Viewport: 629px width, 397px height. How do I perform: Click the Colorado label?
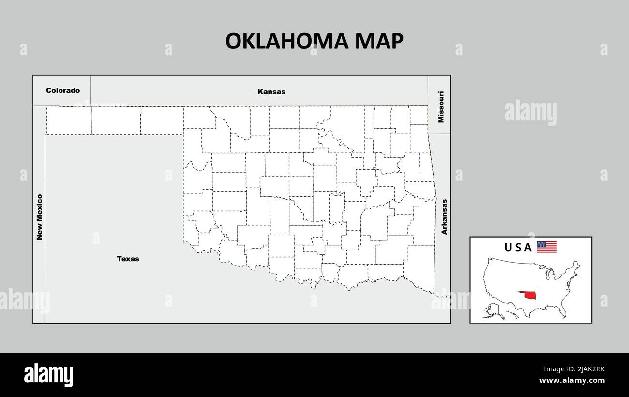coord(63,90)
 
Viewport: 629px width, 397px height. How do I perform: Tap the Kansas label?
coord(271,91)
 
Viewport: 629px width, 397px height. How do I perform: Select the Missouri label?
coord(440,106)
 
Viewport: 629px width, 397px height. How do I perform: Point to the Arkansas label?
coord(444,217)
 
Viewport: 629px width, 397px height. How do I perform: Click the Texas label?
coord(128,259)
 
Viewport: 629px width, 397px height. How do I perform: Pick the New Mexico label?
coord(40,217)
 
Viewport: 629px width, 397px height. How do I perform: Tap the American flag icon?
coord(547,247)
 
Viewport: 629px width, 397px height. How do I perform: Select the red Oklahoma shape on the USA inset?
coord(529,295)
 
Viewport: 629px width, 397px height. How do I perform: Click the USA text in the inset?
coord(518,248)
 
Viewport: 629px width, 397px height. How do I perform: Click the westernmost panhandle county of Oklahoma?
coord(69,120)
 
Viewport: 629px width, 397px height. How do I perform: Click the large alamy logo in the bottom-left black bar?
coord(49,375)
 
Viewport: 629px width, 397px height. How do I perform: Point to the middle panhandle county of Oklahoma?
coord(116,120)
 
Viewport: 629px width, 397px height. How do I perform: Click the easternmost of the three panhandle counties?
coord(162,120)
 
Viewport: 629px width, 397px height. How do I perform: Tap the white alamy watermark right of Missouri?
coord(530,113)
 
